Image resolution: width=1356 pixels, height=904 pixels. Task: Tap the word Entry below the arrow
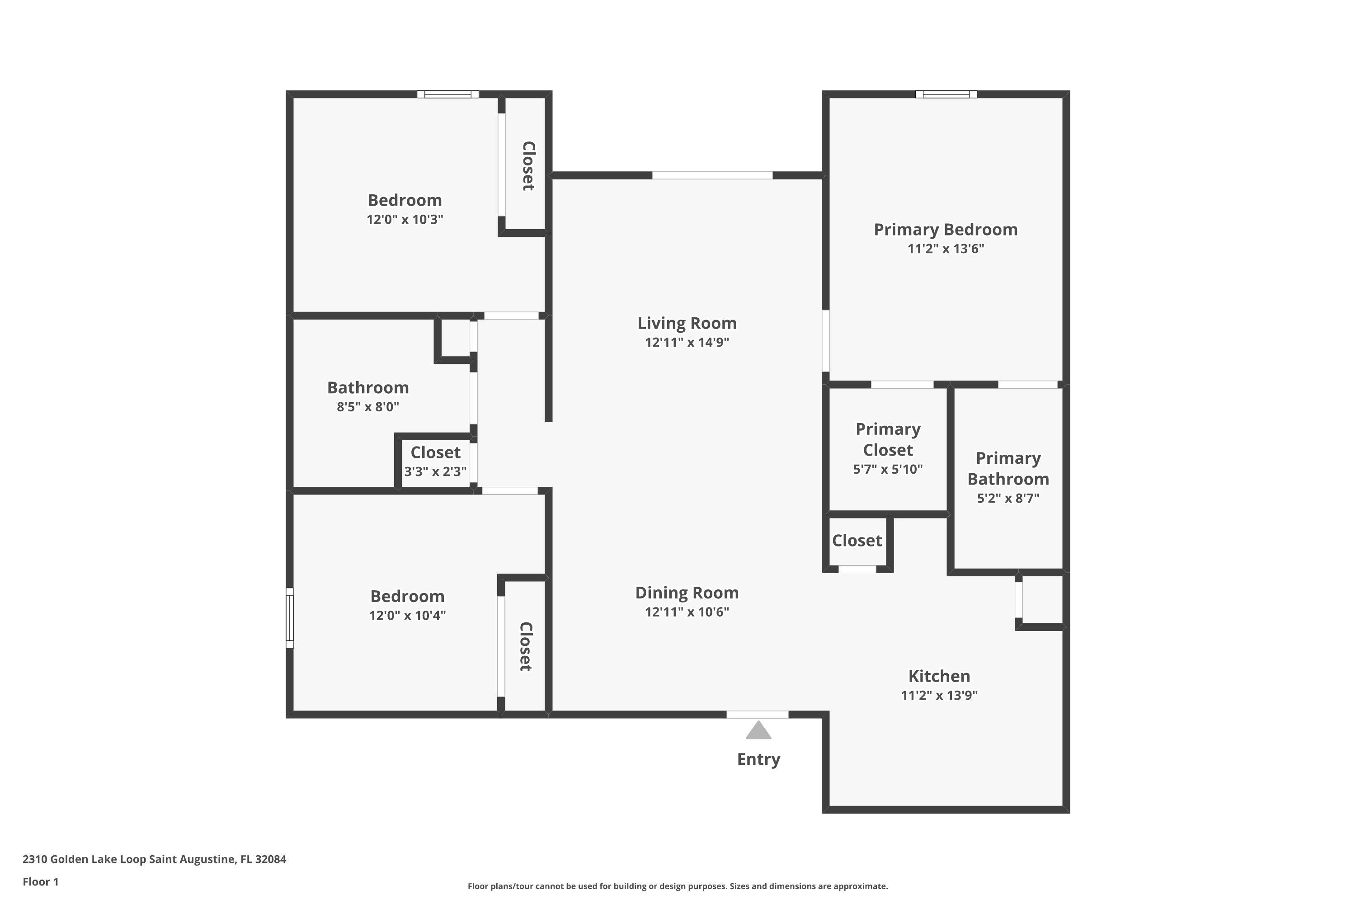(759, 759)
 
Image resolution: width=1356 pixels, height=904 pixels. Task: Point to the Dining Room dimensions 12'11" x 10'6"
(687, 612)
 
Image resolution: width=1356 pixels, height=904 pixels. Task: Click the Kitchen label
(939, 676)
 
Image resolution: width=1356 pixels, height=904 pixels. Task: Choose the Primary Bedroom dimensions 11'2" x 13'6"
(946, 249)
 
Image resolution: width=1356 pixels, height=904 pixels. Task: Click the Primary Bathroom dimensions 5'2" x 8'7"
(1008, 498)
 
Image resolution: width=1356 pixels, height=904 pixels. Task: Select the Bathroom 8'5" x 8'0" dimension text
(368, 407)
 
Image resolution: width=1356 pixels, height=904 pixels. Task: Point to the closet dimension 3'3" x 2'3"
(435, 471)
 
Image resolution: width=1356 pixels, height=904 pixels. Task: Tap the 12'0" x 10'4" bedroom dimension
(407, 615)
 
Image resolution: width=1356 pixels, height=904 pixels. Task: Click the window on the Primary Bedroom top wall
(946, 94)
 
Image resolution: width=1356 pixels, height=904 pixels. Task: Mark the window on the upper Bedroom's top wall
(448, 94)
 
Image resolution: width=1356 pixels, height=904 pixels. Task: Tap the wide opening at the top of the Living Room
(713, 175)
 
